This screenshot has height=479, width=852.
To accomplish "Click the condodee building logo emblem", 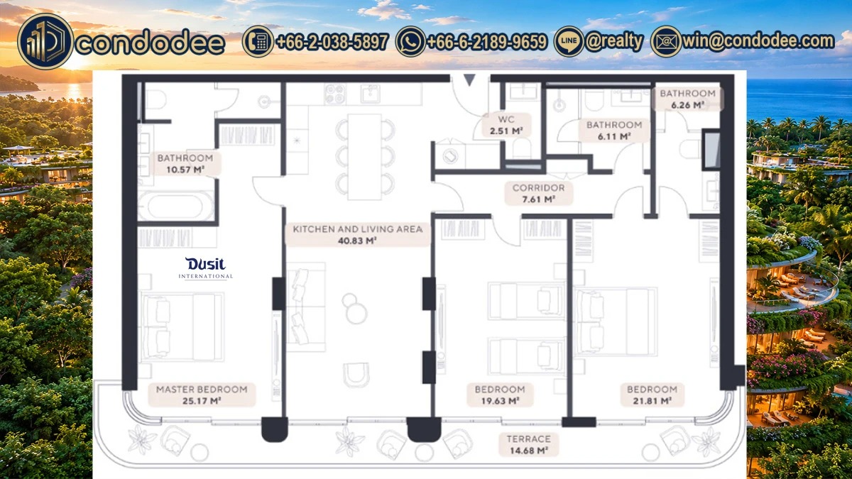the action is pos(45,41).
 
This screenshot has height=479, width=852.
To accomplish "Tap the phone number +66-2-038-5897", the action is pos(332,41).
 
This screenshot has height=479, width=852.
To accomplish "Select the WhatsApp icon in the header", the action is pos(410,41).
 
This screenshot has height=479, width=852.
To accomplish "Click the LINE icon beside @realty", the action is pos(569,41).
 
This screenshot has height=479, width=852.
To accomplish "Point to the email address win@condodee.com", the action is pos(758,40).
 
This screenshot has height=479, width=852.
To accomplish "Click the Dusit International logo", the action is pos(206,268).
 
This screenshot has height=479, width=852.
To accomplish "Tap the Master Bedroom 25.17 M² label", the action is pos(202,395).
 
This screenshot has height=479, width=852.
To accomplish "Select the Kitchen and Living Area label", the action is pos(358,234).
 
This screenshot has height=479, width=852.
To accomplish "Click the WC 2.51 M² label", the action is pos(506,125).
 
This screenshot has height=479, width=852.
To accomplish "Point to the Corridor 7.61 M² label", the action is pos(538,193).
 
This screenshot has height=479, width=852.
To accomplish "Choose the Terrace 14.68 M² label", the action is pos(529,445).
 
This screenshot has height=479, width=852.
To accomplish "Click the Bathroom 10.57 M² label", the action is pos(185,163).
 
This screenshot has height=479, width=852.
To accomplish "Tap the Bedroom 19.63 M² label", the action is pos(500,395).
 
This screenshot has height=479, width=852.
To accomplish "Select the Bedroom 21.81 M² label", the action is pos(652,395).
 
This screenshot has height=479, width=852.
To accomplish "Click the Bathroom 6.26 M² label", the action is pos(688,99).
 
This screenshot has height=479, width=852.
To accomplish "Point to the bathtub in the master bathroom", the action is pos(176,206).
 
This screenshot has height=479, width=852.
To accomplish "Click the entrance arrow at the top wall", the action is pos(469,79).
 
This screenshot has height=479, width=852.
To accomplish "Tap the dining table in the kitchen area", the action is pos(364,157).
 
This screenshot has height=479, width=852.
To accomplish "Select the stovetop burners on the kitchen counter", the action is pos(335,94).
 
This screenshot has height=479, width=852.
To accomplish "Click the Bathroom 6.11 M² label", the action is pos(614,131).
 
